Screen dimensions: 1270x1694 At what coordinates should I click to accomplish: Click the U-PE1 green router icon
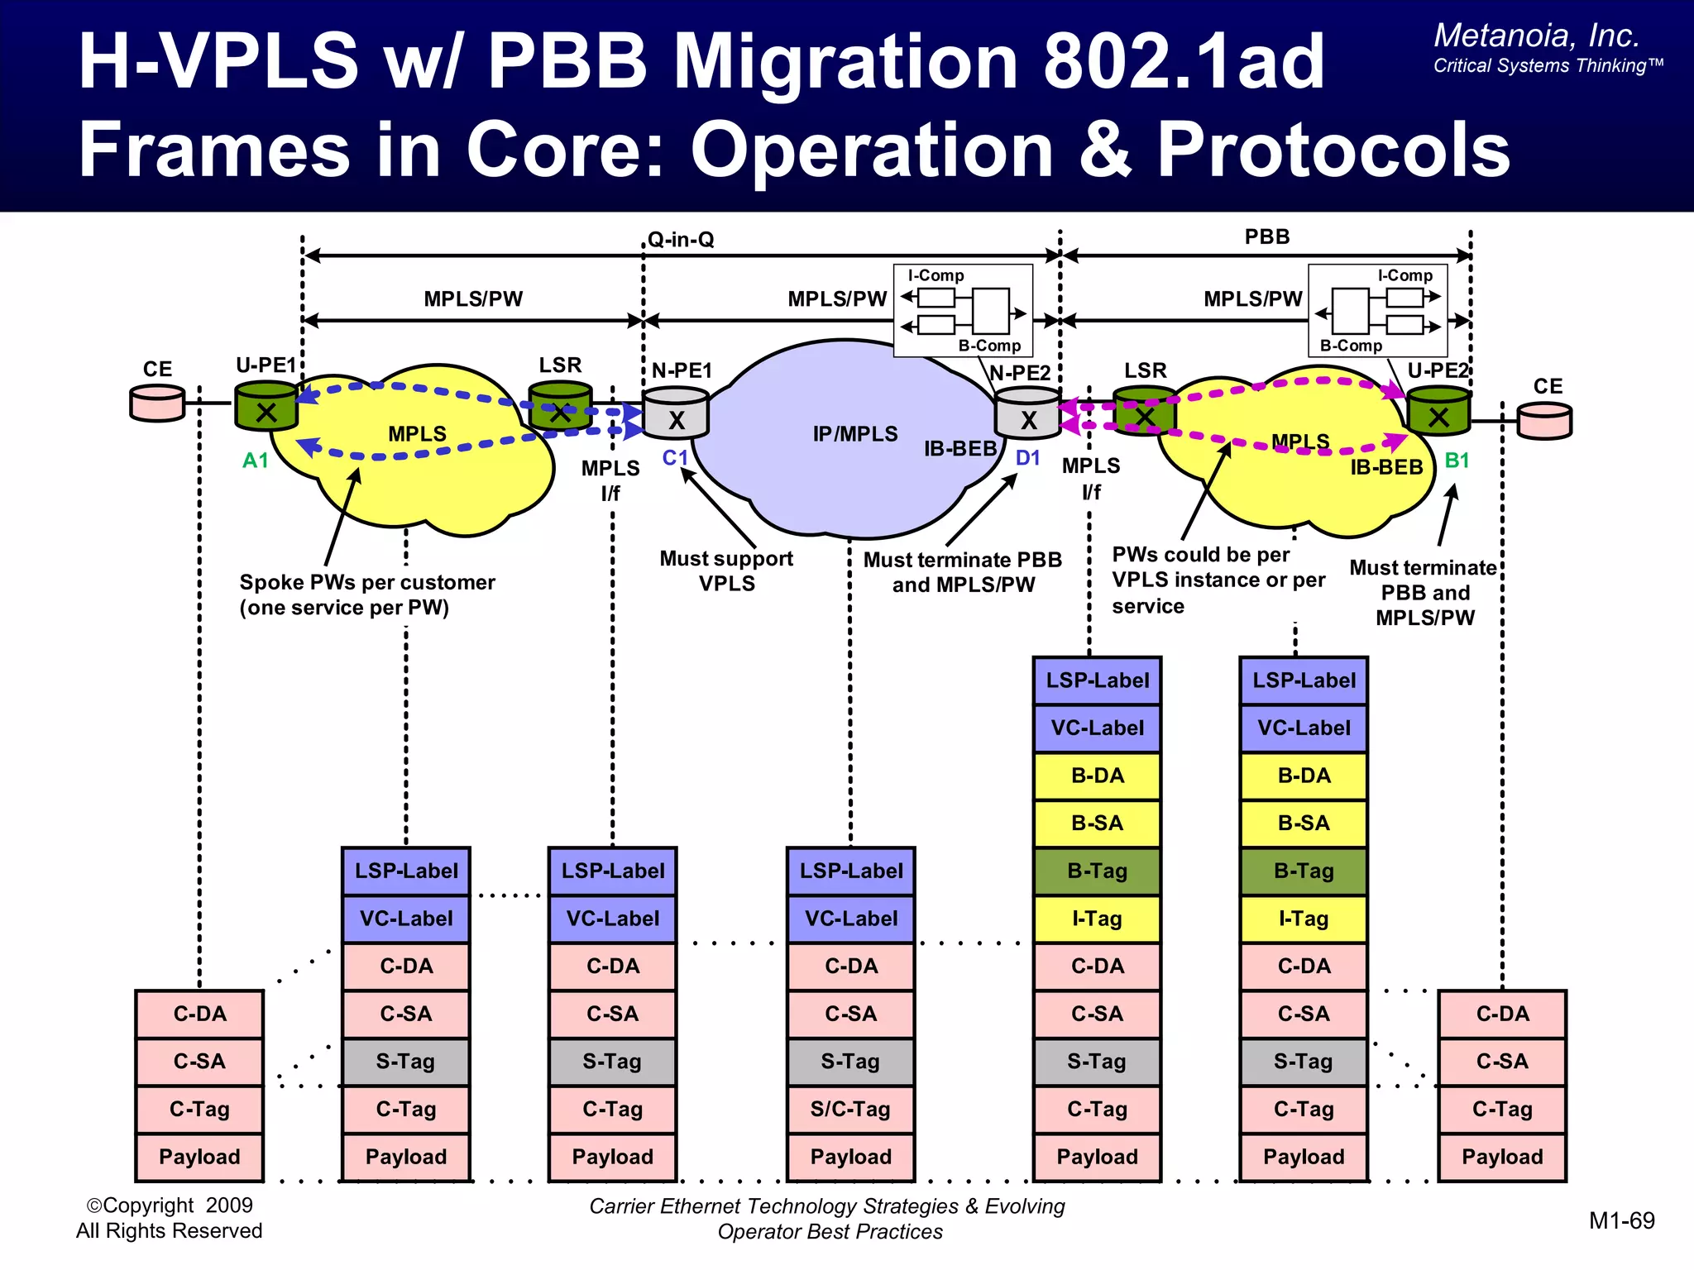click(x=266, y=407)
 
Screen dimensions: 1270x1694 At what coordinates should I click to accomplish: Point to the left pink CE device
click(x=157, y=403)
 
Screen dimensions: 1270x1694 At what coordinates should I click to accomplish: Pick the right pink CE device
click(x=1544, y=420)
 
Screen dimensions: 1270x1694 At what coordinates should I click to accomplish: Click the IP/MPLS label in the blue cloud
click(x=854, y=434)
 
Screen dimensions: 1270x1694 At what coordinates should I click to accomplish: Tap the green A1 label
click(x=255, y=461)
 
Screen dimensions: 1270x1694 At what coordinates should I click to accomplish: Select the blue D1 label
click(x=1027, y=458)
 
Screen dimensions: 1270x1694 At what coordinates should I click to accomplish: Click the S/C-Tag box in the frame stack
click(x=850, y=1109)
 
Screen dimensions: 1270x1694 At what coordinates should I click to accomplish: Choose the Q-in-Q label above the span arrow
click(x=680, y=240)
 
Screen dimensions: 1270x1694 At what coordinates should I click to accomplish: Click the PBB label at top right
click(x=1266, y=237)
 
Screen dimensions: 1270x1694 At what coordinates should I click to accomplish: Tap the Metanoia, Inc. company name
click(x=1536, y=36)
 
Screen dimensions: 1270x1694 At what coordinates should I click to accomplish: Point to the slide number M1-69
click(x=1621, y=1220)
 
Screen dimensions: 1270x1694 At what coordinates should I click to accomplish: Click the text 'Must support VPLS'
click(x=726, y=571)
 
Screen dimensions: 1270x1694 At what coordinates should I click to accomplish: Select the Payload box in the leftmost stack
click(x=199, y=1157)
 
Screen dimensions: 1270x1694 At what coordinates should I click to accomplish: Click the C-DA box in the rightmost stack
click(x=1502, y=1014)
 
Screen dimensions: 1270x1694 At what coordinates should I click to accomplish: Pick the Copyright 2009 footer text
click(x=170, y=1206)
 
